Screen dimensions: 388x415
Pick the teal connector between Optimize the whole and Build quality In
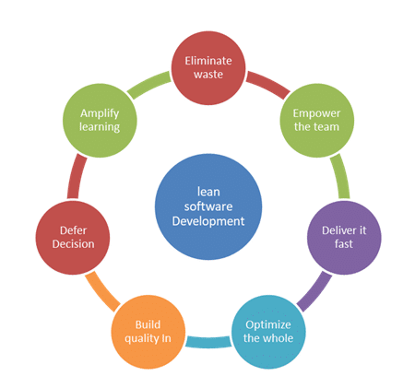(x=208, y=343)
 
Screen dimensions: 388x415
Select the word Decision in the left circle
(x=73, y=244)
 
